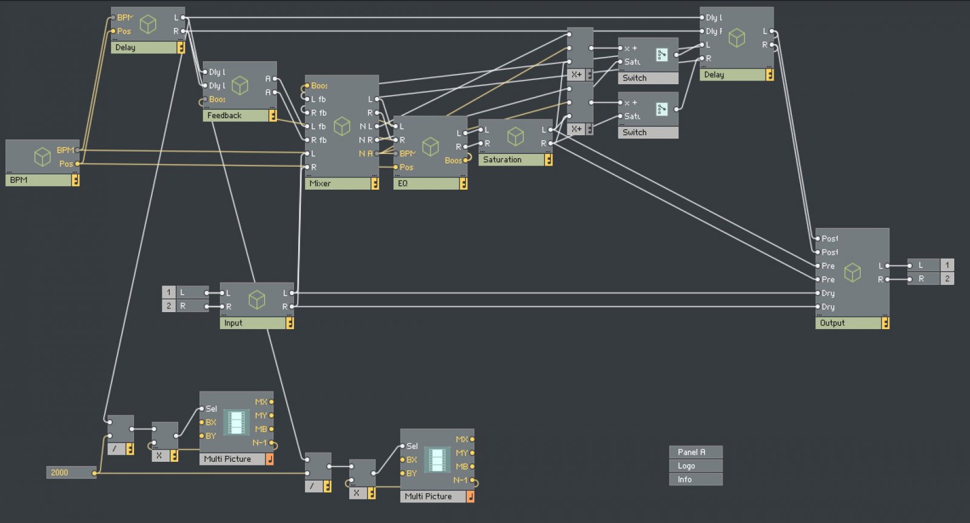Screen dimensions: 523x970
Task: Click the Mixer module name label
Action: (x=320, y=183)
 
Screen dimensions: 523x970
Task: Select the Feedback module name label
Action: (x=224, y=115)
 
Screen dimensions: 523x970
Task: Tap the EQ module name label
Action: (x=403, y=183)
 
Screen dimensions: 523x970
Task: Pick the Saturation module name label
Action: (x=502, y=159)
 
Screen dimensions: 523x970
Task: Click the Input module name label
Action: (x=233, y=323)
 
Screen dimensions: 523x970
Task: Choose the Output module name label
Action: (x=832, y=323)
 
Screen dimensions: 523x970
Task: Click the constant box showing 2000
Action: (x=59, y=472)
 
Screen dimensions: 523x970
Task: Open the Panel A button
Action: (x=692, y=452)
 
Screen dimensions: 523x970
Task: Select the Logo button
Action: (x=687, y=465)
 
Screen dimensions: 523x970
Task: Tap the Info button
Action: (x=685, y=479)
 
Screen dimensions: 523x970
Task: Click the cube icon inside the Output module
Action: (x=852, y=273)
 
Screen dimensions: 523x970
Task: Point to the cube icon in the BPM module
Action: (x=42, y=157)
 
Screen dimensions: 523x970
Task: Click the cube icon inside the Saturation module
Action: (x=515, y=136)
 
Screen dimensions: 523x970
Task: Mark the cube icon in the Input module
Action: (x=257, y=299)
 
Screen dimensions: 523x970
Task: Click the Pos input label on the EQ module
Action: (x=406, y=167)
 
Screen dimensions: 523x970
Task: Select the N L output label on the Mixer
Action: (x=365, y=126)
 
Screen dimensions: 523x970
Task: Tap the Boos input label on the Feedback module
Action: (x=216, y=99)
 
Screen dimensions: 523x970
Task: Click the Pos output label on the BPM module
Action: (x=65, y=164)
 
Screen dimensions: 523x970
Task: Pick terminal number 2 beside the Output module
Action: (x=947, y=279)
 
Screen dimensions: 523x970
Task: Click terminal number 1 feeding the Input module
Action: (x=169, y=293)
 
